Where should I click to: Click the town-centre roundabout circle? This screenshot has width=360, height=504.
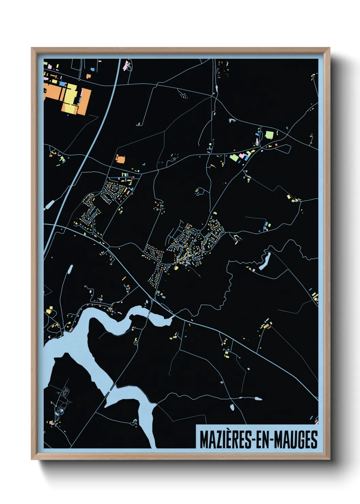(198, 232)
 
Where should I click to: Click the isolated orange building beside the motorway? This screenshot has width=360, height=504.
(120, 159)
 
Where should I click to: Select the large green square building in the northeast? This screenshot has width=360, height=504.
(269, 135)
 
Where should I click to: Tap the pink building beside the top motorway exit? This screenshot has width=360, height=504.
(128, 64)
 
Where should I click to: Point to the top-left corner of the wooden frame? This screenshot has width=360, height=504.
(32, 48)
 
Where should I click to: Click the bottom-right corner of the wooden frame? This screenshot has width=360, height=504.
(329, 460)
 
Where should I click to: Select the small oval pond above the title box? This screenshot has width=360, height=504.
(232, 407)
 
